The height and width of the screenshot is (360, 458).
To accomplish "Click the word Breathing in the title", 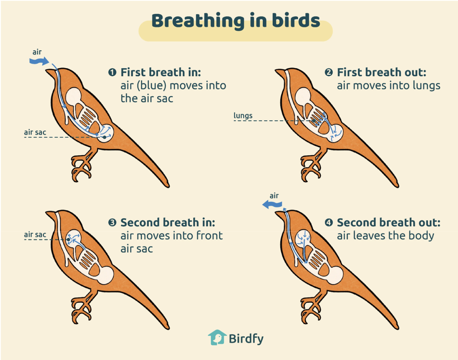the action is (198, 21).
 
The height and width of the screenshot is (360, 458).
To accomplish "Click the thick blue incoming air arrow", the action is (39, 61).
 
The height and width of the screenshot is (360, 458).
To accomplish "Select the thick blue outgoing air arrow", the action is (272, 205).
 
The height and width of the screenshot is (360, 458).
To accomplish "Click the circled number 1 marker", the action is (112, 72).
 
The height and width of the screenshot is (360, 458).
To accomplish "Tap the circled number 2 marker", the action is (329, 72).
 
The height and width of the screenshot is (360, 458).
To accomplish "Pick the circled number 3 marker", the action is (112, 222).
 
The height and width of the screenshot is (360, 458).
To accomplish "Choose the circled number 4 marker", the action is (329, 222).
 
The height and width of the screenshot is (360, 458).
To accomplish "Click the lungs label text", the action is (243, 116).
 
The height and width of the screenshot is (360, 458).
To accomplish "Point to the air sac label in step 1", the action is (35, 132).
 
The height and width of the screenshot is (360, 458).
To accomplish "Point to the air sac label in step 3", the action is (35, 235).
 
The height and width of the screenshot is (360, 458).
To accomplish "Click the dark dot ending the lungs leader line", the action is (314, 121).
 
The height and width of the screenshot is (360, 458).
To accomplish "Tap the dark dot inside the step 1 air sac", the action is (104, 137).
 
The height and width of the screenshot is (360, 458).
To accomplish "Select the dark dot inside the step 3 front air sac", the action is (68, 240).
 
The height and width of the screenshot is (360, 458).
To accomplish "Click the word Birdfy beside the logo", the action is (246, 339).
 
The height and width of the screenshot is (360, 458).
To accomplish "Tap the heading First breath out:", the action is (382, 72).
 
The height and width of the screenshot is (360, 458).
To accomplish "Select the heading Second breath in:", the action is (168, 222).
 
